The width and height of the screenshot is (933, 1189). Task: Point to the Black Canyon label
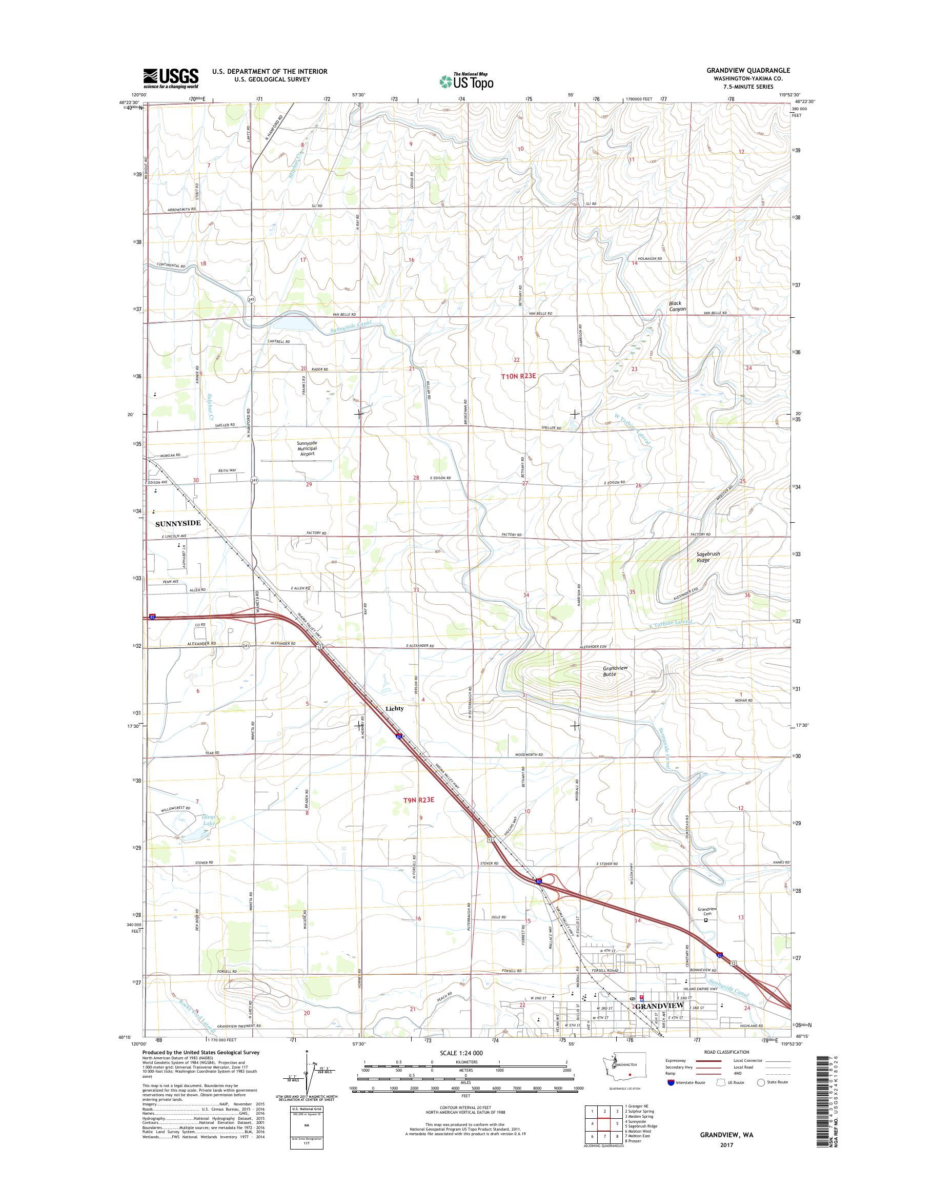[x=677, y=306]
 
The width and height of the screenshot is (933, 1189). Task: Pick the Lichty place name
[x=395, y=708]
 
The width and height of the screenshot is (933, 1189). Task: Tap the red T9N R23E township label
[x=418, y=799]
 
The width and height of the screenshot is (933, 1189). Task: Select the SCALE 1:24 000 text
[x=464, y=1068]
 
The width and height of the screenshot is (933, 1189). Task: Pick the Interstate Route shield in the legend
[x=672, y=1098]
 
